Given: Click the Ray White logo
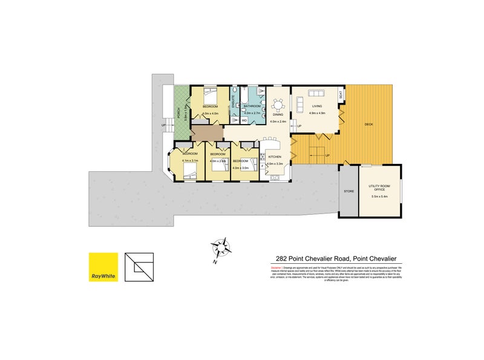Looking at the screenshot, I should point(103,267).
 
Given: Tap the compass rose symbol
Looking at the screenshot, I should point(222,248).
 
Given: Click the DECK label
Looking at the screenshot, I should point(368,125).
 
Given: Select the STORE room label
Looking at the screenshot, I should point(348,191).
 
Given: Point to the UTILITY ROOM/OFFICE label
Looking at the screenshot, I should point(381,188).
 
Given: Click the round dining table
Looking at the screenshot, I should point(278,105).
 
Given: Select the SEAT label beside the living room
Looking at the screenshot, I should point(341,95).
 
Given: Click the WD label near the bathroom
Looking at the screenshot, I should point(244,120).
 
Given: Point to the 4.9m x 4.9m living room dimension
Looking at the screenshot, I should point(317,113).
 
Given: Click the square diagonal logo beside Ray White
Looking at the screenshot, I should point(140,267).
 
